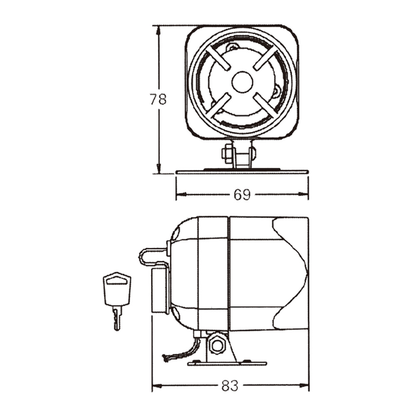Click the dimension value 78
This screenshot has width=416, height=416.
pyautogui.click(x=158, y=99)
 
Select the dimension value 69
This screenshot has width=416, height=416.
pyautogui.click(x=242, y=195)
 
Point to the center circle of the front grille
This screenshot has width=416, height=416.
pyautogui.click(x=242, y=82)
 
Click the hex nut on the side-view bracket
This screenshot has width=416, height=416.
pyautogui.click(x=218, y=345)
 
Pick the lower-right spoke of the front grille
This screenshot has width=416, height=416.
pyautogui.click(x=266, y=106)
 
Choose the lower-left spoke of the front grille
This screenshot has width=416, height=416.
pyautogui.click(x=218, y=106)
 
